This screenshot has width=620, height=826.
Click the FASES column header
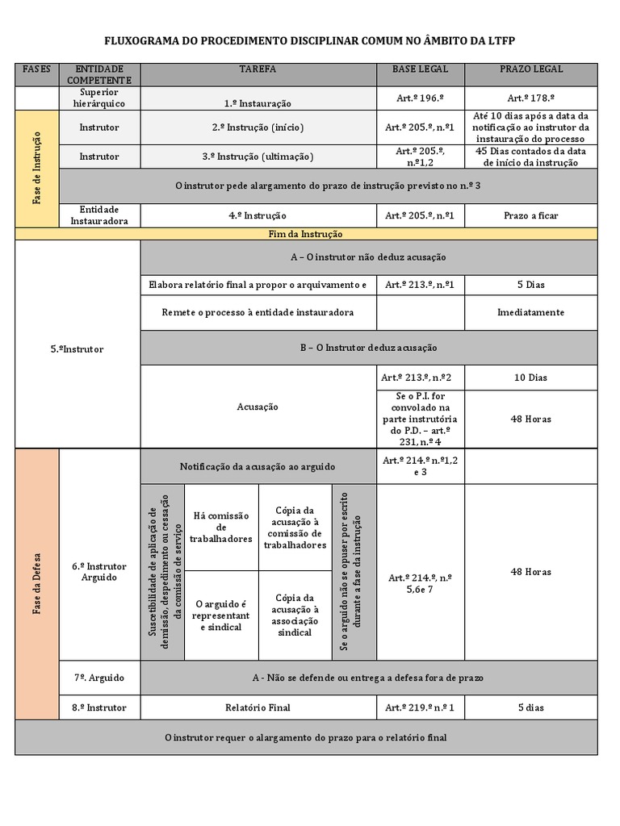(x=37, y=69)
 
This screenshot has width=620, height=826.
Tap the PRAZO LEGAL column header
(x=531, y=69)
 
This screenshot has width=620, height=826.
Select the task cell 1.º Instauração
(x=258, y=103)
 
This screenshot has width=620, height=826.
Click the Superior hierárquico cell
(x=99, y=98)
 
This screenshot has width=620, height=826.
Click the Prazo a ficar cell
(x=531, y=215)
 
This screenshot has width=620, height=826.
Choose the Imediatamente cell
(x=531, y=312)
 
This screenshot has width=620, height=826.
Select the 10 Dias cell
(x=531, y=378)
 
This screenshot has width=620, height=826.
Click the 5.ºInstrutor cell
(x=77, y=349)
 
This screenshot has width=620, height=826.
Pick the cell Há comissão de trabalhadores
(x=221, y=528)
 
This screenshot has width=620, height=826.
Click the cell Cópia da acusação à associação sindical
(x=295, y=615)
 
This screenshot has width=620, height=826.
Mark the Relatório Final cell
(x=258, y=707)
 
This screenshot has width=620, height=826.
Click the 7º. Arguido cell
(x=99, y=678)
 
